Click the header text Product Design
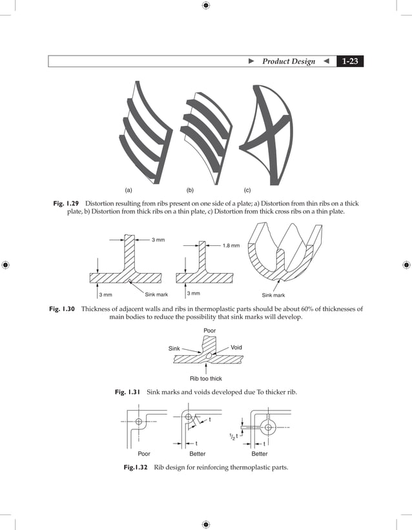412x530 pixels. coord(289,61)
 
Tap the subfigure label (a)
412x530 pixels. coord(129,190)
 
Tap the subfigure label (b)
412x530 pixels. coord(190,190)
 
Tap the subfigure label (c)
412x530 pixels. coord(247,190)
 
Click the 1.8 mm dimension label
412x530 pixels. coord(231,246)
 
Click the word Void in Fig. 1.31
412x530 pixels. coord(236,347)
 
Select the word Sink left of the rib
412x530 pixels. coord(174,349)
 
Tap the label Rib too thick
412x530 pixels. coord(205,378)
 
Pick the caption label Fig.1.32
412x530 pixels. coord(136,467)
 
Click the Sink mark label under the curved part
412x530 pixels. coord(273,295)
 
